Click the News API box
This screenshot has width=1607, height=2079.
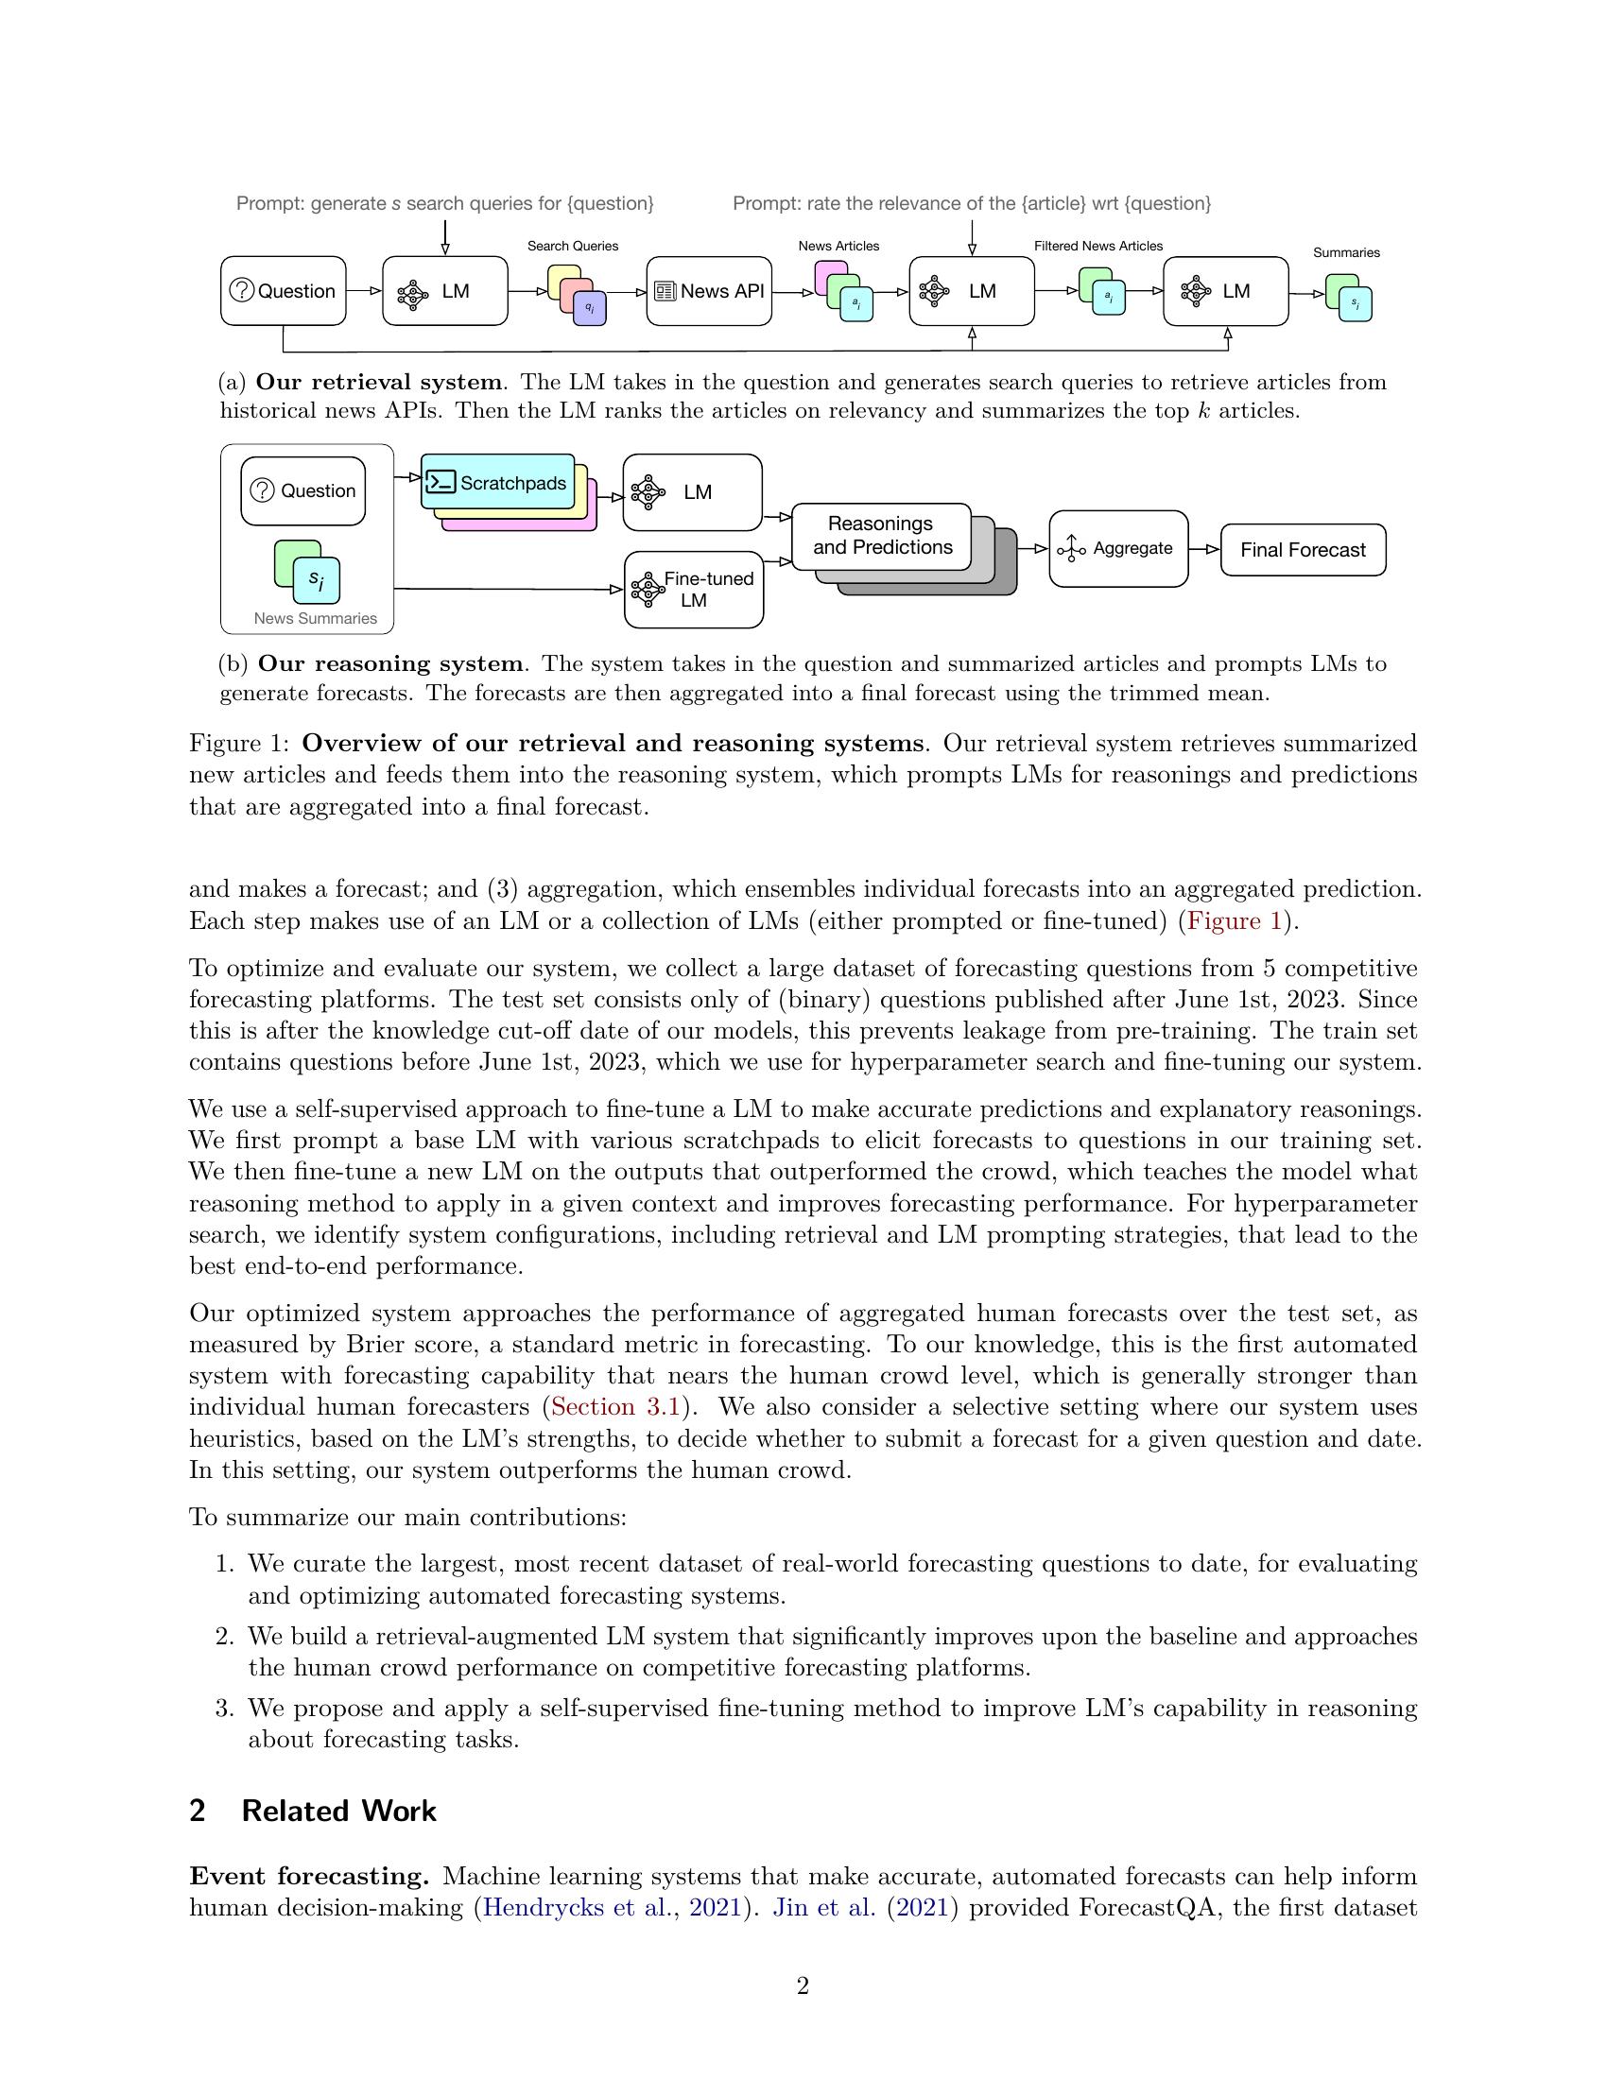click(709, 291)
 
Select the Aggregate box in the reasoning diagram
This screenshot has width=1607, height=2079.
click(1118, 548)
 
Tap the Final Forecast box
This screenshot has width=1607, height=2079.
click(1303, 549)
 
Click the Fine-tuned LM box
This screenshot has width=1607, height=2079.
click(694, 590)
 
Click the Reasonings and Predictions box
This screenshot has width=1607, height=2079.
click(882, 536)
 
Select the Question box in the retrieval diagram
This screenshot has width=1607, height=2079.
click(284, 291)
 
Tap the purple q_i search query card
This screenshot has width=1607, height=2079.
click(590, 308)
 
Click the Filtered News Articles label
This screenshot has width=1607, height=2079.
click(1097, 246)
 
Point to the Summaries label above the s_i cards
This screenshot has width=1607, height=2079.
click(1345, 252)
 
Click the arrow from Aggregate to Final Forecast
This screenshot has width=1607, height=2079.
click(1204, 549)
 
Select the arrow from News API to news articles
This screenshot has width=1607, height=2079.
click(793, 293)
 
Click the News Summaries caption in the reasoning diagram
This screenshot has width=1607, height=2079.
click(315, 618)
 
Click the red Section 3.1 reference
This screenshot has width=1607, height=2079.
click(615, 1407)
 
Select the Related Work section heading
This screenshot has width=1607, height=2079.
click(338, 1811)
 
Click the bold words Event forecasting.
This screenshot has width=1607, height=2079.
click(309, 1875)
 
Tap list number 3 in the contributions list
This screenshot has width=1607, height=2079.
click(224, 1708)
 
